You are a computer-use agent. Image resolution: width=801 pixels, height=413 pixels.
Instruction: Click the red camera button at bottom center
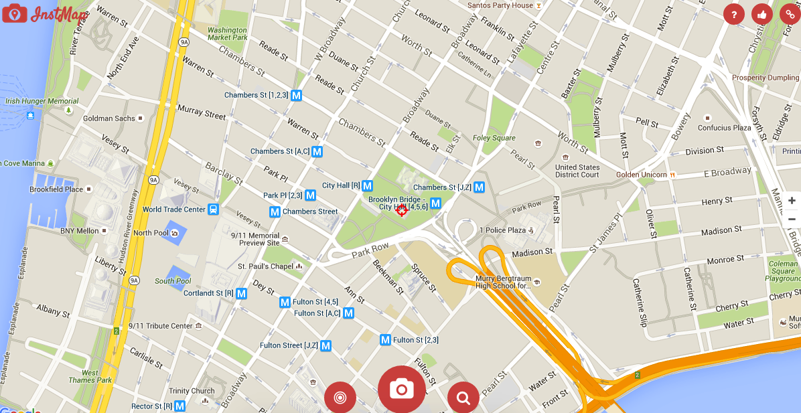(402, 389)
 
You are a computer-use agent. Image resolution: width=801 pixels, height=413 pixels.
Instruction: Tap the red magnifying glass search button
(463, 398)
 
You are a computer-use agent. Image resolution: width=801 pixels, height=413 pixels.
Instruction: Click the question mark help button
(734, 14)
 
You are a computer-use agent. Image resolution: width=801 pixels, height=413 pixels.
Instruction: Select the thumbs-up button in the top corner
(762, 14)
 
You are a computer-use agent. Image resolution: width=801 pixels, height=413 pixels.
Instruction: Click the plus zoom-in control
(792, 201)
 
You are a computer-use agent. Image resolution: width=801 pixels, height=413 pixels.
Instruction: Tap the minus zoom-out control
(792, 219)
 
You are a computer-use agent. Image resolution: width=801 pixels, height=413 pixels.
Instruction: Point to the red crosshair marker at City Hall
(402, 210)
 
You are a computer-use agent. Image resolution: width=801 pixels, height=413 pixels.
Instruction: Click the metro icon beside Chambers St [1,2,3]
(296, 95)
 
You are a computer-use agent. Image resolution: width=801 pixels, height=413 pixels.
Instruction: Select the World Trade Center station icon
(213, 210)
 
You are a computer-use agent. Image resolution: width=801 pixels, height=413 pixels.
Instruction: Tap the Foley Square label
(494, 139)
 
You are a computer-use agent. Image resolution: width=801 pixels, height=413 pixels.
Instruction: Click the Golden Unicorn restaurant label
(642, 175)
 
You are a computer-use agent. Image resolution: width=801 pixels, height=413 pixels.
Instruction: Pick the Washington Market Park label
(228, 34)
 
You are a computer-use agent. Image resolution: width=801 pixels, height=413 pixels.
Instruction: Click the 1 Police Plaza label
(502, 230)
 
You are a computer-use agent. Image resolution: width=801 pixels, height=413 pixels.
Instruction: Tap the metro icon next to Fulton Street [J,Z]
(325, 346)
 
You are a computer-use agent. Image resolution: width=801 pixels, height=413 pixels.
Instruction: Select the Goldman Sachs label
(109, 118)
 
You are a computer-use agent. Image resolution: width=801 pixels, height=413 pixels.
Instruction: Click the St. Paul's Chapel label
(265, 266)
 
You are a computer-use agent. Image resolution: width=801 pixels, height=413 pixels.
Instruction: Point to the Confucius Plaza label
(725, 128)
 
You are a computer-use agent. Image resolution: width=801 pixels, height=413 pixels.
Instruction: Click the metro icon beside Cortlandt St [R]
(241, 293)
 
